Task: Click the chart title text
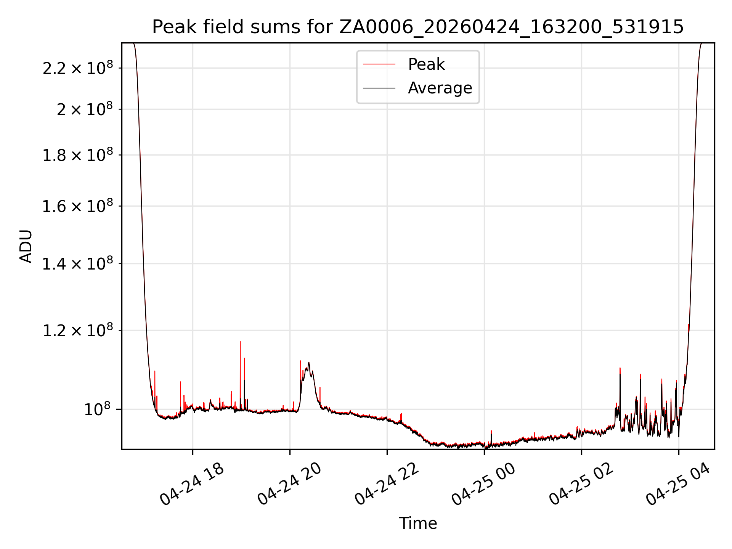(x=418, y=27)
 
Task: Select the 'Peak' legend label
(x=426, y=64)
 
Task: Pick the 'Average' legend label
(x=440, y=88)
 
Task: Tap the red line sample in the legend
(x=379, y=64)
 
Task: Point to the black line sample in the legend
(x=379, y=88)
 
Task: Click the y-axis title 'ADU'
(x=26, y=246)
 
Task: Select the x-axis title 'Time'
(x=418, y=523)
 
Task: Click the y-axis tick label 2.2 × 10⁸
(x=78, y=68)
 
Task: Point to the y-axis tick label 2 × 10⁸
(x=85, y=109)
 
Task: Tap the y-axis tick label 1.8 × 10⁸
(x=78, y=155)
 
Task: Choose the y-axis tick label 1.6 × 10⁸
(x=78, y=206)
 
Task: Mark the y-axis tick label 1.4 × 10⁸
(x=78, y=263)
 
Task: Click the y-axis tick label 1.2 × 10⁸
(x=78, y=330)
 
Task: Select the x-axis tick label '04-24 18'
(x=191, y=484)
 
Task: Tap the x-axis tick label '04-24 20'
(x=289, y=484)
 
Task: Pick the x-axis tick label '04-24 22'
(x=386, y=484)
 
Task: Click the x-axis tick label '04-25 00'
(x=483, y=484)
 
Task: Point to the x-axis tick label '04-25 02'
(x=581, y=484)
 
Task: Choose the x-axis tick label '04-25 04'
(x=678, y=484)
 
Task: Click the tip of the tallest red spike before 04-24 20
(x=240, y=342)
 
